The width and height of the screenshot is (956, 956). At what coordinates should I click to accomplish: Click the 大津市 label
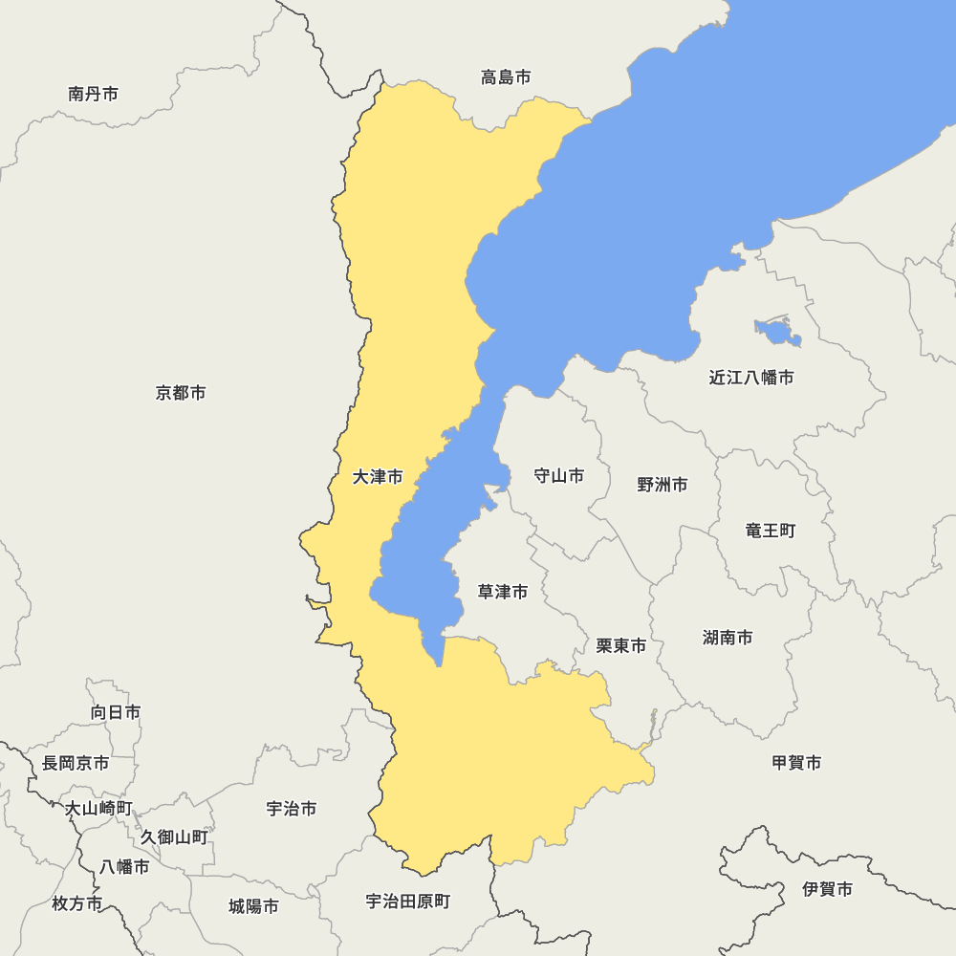pos(378,476)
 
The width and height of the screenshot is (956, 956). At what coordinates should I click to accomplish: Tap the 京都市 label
pos(181,393)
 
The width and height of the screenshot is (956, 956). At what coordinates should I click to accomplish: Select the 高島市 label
pos(506,77)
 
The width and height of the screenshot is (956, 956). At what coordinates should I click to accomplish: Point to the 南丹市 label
pos(94,94)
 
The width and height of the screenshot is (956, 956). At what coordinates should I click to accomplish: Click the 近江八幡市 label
pos(751,378)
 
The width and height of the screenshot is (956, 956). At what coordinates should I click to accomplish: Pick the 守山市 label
pos(558,476)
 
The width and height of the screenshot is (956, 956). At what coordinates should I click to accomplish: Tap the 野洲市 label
pos(663,485)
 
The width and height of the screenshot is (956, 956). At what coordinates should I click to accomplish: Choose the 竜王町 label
pos(771,531)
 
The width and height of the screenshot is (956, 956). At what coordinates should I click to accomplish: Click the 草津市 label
pos(503,593)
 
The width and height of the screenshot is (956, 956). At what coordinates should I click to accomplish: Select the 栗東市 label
pos(621,646)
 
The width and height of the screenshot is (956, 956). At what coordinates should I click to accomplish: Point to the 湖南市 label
pos(728,638)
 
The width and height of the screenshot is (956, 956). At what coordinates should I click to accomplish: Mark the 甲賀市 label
pos(796,763)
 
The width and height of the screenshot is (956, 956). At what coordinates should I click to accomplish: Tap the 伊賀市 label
pos(828,889)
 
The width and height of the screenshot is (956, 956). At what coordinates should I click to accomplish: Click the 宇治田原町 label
pos(408,902)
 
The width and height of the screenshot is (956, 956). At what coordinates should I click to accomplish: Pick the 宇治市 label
pos(292,809)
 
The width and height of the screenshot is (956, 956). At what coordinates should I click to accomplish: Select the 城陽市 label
pos(254,906)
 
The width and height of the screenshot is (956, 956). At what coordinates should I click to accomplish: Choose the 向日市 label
pos(116,712)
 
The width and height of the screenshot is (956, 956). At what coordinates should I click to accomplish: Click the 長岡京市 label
pos(76,763)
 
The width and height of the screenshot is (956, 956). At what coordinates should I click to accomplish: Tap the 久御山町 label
pos(174,837)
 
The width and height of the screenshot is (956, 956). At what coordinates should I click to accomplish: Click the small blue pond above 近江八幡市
pos(777,334)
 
